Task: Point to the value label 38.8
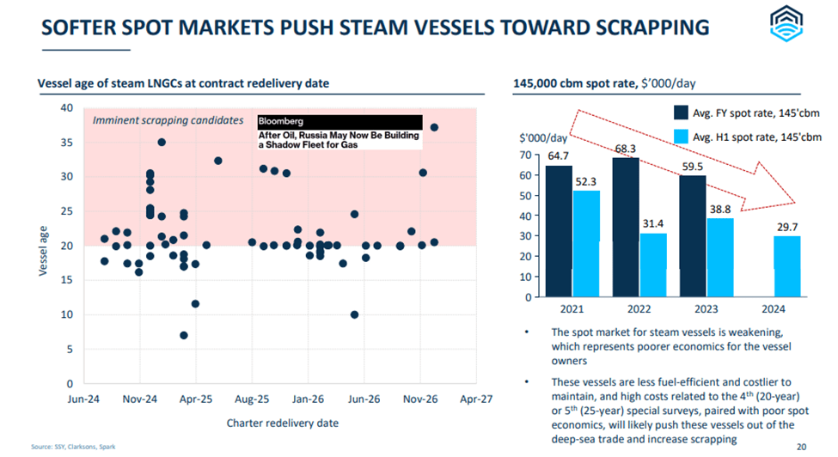tap(720, 208)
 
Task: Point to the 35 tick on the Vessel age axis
tap(66, 143)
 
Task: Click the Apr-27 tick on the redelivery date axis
tap(476, 399)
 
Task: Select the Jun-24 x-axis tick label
tap(83, 399)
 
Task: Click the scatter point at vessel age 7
tap(184, 335)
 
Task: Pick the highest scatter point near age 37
tap(434, 127)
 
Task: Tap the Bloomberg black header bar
tap(339, 122)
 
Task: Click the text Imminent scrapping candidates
tap(168, 120)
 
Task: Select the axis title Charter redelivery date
tap(282, 422)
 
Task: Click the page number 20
tap(801, 446)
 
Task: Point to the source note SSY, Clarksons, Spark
tap(64, 447)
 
